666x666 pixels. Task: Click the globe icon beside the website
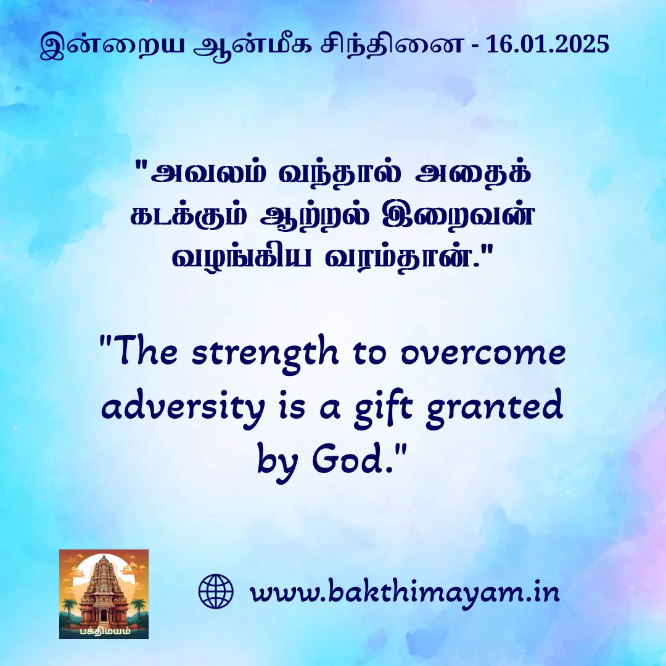(x=216, y=591)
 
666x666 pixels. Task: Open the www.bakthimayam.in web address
(x=405, y=593)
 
